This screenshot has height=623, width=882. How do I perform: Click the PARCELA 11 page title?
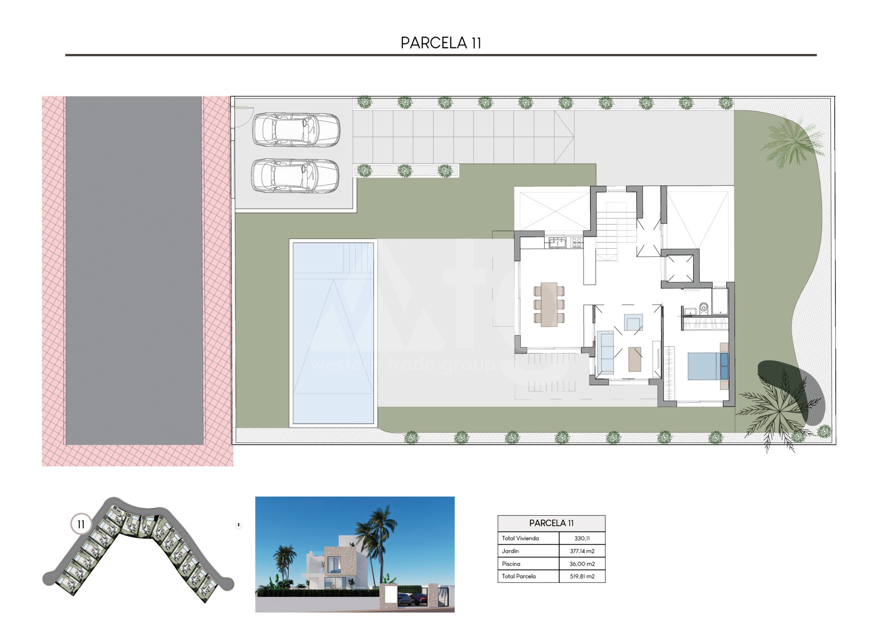(441, 43)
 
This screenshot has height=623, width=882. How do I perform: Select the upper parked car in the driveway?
(296, 130)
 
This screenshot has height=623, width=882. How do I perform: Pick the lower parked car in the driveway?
(295, 176)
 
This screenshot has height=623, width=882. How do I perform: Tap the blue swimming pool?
(333, 333)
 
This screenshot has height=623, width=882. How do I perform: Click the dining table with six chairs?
(549, 305)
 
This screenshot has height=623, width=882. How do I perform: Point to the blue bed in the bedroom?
(708, 366)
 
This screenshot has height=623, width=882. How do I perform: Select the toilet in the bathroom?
(704, 308)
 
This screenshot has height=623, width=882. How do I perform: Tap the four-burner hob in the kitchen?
(577, 243)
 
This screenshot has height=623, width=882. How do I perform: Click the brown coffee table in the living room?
(635, 359)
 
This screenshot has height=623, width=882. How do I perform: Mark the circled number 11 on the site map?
(81, 524)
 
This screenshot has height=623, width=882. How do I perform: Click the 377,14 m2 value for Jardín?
(582, 551)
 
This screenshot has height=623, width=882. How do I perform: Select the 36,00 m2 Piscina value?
(582, 564)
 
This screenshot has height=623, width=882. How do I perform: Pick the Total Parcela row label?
(519, 576)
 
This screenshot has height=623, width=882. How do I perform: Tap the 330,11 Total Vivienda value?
(582, 539)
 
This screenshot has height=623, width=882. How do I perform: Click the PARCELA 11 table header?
(551, 523)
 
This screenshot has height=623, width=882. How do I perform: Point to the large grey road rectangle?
(134, 270)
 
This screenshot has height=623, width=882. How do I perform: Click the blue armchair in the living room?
(633, 322)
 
